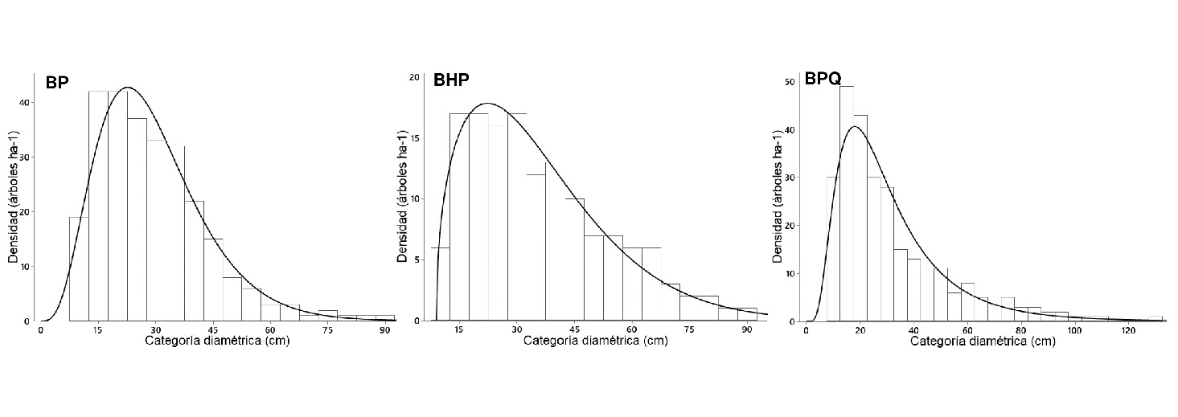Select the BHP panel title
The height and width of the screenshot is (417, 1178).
point(451,80)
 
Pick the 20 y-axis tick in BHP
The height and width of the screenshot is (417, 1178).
point(415,77)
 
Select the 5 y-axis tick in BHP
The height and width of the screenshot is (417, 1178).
point(417,260)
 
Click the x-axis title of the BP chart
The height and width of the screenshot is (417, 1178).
point(217,341)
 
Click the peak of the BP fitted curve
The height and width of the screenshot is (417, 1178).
point(127,87)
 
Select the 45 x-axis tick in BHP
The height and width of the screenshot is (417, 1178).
point(575,330)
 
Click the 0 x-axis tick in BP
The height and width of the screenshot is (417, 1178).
point(40,330)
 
